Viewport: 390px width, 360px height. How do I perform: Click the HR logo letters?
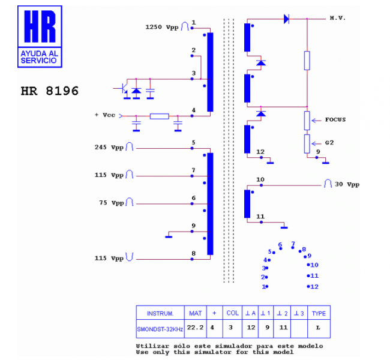tap(40, 26)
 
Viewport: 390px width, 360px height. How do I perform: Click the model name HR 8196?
tap(49, 91)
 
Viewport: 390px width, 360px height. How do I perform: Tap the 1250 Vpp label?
tap(162, 27)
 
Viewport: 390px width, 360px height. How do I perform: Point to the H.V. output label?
tap(338, 18)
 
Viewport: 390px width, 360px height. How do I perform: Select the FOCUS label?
tap(335, 119)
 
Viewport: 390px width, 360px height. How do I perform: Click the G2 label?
tap(329, 143)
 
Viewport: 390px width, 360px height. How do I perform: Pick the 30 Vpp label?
tap(347, 184)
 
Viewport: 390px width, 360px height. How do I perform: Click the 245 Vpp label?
tap(109, 147)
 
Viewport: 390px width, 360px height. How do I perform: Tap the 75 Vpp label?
tap(112, 203)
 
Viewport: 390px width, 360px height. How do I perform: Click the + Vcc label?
tap(105, 115)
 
